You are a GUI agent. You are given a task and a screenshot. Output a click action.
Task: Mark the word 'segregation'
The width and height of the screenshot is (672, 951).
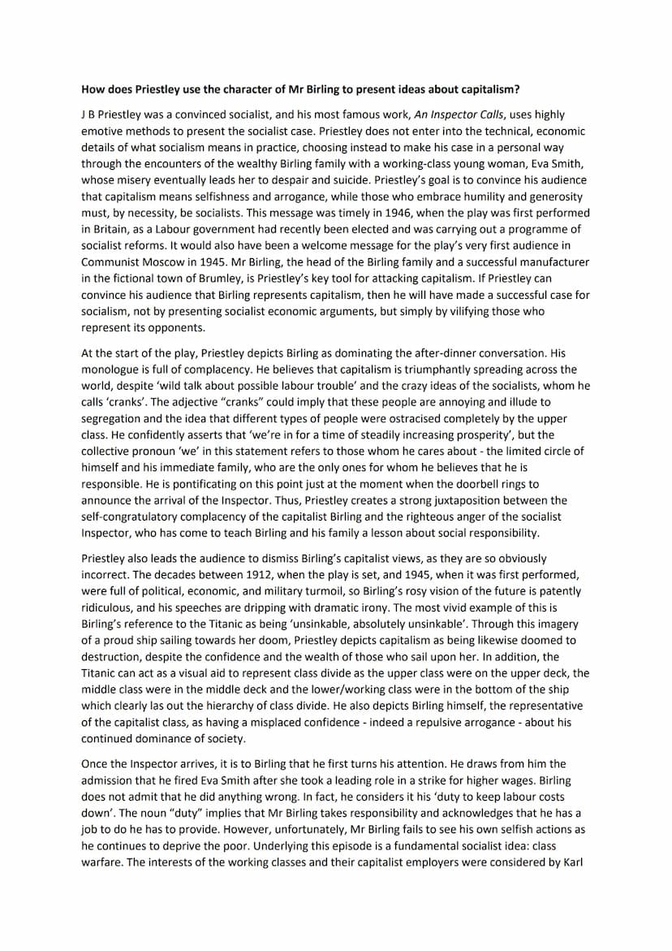114,419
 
